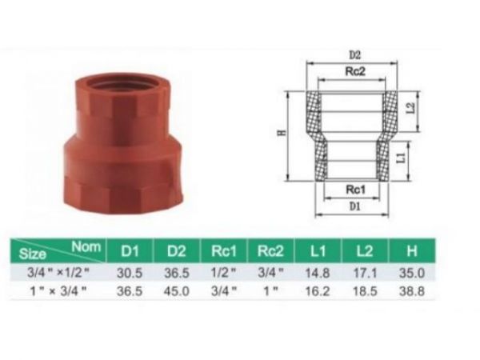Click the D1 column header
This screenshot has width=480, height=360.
pos(130,252)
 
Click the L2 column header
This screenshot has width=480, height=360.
pos(365,252)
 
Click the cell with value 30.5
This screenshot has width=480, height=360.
pos(130,273)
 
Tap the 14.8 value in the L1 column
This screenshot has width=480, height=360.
pos(316,273)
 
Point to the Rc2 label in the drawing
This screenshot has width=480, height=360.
pos(354,72)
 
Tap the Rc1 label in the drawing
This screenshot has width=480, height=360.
pos(355,190)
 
